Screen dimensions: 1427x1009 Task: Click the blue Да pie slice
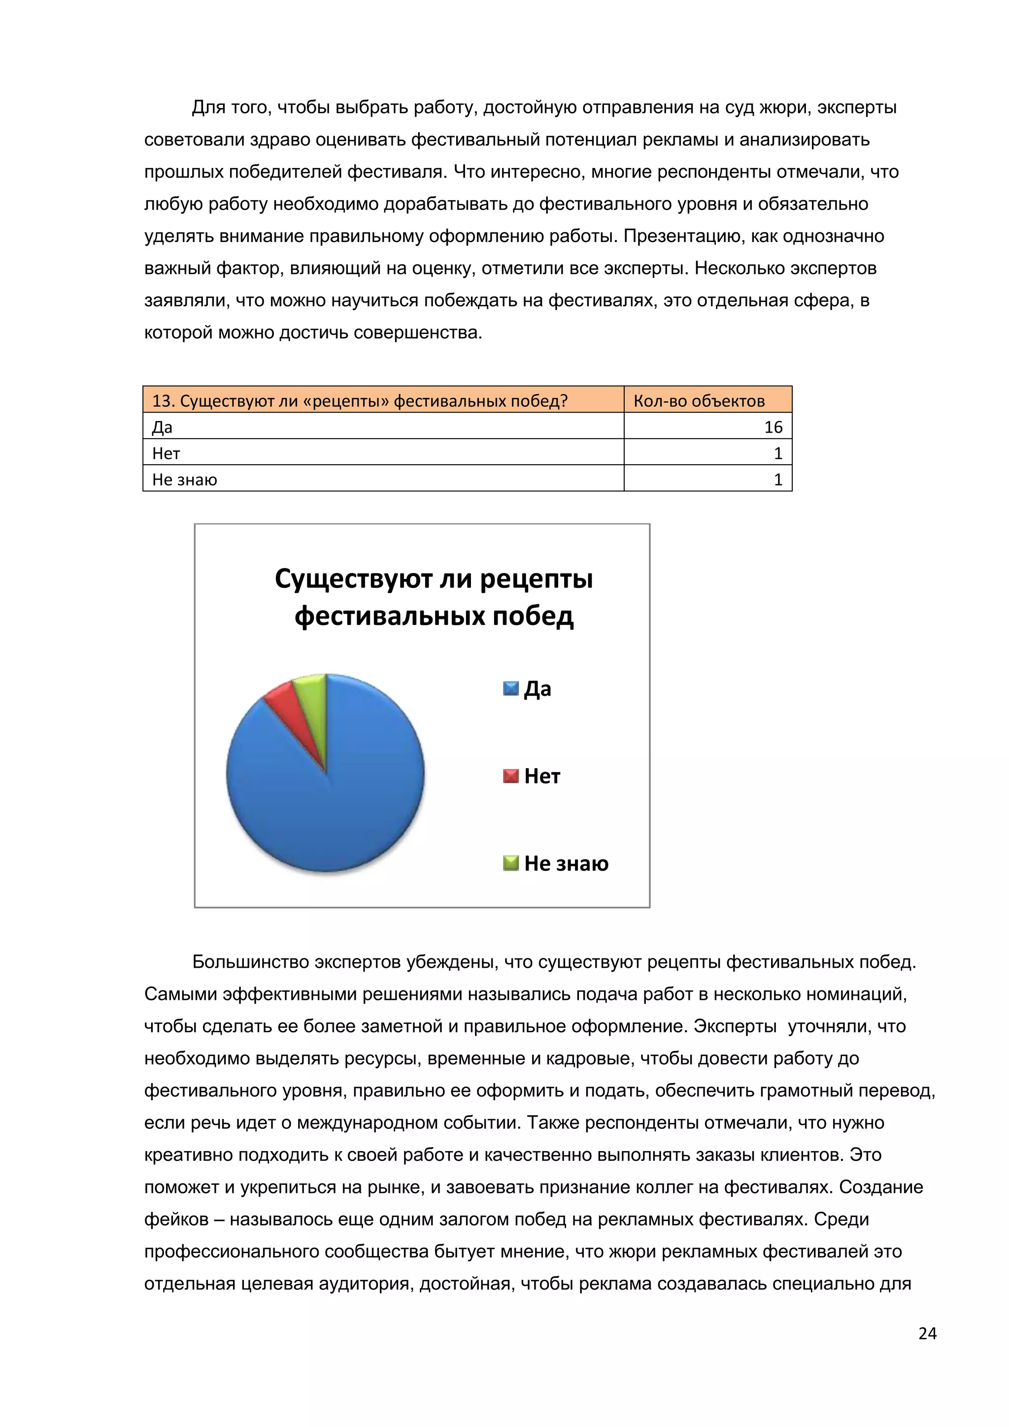pos(336,802)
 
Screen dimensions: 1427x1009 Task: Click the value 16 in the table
pos(773,427)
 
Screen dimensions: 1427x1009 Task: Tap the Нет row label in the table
pos(166,454)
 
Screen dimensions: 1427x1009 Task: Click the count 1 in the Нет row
pos(777,454)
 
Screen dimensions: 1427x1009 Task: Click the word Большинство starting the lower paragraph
pos(250,962)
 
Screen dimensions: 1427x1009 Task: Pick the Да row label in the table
pos(162,428)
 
